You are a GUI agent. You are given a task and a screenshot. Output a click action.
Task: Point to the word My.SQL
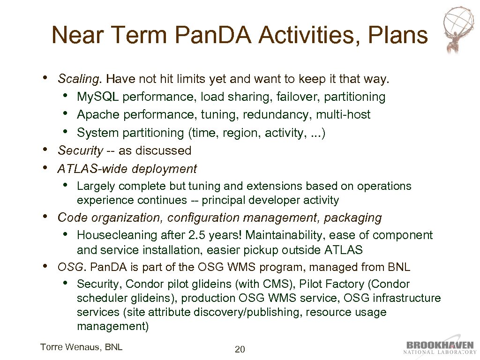click(98, 97)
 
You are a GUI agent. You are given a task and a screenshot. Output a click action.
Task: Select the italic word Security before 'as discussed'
click(80, 150)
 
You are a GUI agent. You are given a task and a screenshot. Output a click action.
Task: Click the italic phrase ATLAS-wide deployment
click(127, 169)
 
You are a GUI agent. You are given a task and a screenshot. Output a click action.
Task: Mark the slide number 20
click(240, 349)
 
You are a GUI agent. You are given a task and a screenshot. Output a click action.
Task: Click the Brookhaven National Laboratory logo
click(440, 347)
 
